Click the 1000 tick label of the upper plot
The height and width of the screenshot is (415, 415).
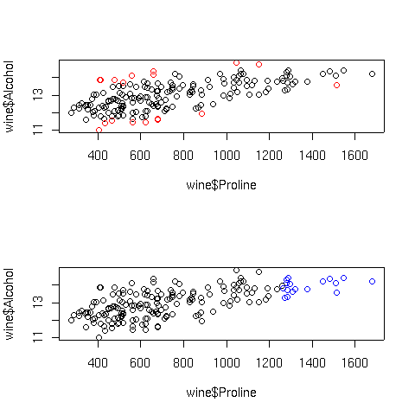point(227,156)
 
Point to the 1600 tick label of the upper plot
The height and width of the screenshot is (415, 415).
point(354,156)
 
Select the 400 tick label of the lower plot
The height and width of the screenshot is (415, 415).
point(98,363)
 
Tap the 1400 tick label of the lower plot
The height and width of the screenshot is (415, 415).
point(312,363)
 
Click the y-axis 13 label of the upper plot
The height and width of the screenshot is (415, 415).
point(38,94)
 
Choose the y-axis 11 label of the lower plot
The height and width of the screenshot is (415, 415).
point(38,337)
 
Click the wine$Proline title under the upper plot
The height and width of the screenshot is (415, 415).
point(221,185)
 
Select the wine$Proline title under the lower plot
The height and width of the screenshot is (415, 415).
point(221,393)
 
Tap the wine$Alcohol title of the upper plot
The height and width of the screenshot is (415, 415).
point(10,97)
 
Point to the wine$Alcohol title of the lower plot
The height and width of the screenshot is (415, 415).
point(10,304)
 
